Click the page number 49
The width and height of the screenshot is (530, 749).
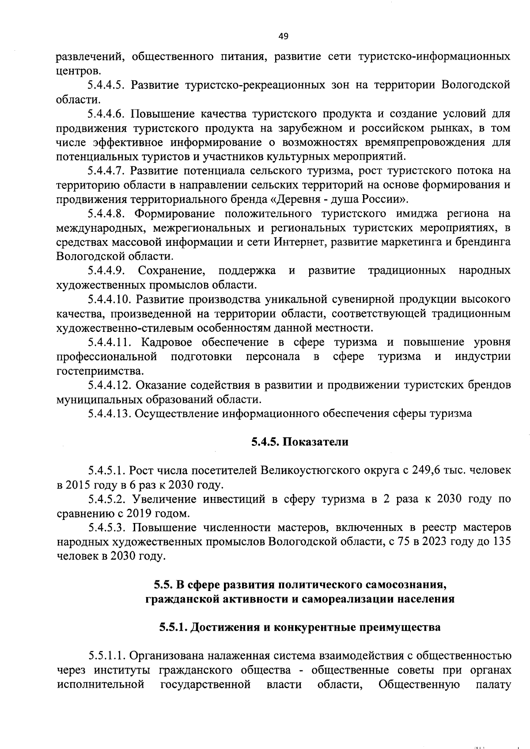coord(283,37)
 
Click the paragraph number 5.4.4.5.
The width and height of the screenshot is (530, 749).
coord(107,85)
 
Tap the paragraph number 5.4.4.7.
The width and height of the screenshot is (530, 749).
coord(107,170)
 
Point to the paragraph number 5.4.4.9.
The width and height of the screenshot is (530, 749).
coord(107,270)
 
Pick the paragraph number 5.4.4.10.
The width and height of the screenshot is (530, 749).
coord(110,299)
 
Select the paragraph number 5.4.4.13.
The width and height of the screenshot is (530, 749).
coord(110,414)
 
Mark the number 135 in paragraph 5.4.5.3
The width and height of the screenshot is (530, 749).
coord(502,542)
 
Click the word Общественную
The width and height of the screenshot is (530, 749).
coord(419,685)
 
